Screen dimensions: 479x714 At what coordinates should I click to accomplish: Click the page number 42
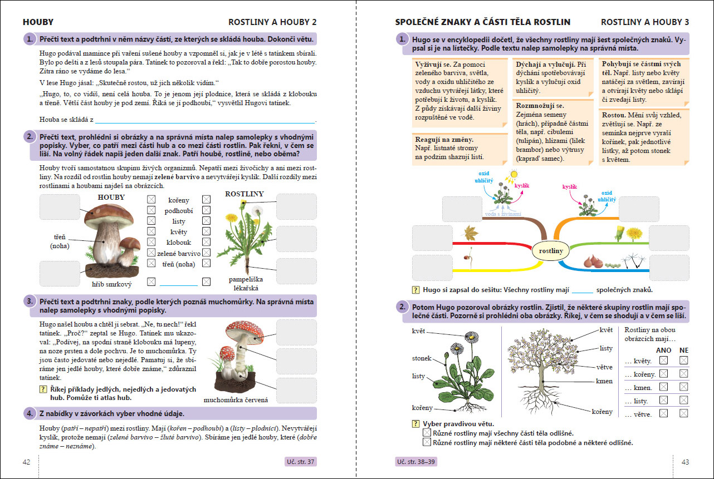pos(26,462)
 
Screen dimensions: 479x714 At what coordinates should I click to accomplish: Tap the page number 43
pos(685,462)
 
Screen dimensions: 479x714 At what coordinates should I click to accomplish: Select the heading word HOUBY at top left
pos(38,22)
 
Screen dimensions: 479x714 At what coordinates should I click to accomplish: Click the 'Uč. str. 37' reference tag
pos(300,462)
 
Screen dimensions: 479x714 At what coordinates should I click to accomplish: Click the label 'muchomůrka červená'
pos(236,399)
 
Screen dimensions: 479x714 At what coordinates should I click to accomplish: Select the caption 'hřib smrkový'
pos(111,284)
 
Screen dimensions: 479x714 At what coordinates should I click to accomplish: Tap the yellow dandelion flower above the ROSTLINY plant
pos(243,204)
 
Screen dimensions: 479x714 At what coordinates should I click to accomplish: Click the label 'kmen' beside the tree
pos(604,381)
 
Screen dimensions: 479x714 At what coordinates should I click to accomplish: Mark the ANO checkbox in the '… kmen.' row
pos(663,387)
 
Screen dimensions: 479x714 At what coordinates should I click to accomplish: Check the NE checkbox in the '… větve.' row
pos(684,413)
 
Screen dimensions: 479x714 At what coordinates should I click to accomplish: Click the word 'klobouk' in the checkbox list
pos(178,243)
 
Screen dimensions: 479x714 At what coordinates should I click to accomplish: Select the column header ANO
pos(664,350)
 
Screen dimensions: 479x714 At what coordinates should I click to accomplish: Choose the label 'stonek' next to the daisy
pos(422,358)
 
